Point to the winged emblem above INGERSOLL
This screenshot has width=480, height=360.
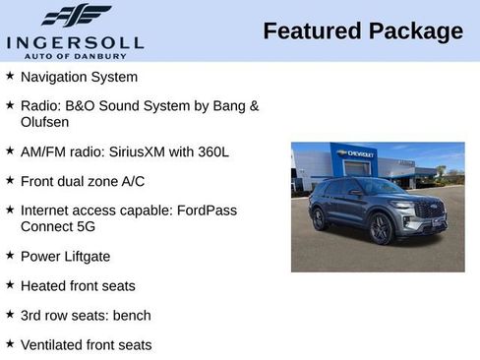76,16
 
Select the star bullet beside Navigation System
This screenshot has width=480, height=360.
10,76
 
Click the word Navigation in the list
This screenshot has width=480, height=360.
53,77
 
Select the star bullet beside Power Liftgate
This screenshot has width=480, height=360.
10,255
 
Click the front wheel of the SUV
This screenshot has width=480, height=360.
381,229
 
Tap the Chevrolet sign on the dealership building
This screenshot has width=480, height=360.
354,154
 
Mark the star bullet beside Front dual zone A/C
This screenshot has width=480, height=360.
10,180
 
